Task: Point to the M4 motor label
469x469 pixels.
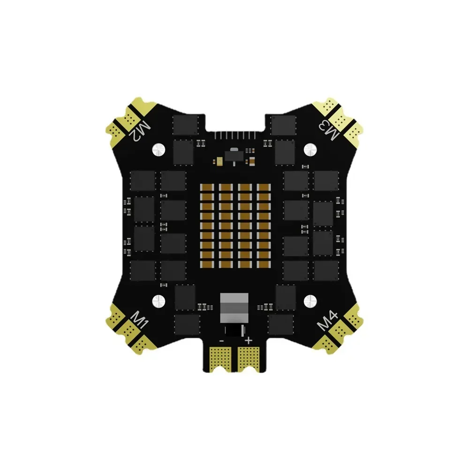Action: tap(328, 321)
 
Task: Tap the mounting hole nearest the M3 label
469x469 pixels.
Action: tap(310, 149)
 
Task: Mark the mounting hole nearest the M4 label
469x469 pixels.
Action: tap(310, 300)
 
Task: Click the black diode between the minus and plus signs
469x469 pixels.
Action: tap(234, 331)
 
